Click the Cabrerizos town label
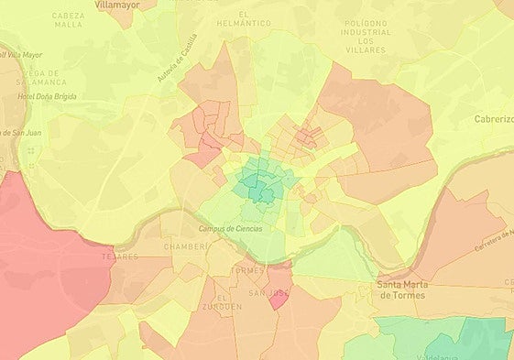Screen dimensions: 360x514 pos(493,119)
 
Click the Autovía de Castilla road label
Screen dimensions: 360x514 pos(178,57)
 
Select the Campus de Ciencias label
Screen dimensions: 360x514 pos(230,228)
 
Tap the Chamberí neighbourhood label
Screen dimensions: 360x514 pos(180,247)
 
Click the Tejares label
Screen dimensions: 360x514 pos(121,257)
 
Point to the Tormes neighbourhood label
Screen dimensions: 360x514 pos(248,271)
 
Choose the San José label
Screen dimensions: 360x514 pos(269,293)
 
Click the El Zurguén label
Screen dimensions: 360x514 pos(228,302)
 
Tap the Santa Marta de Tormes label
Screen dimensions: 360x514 pos(403,290)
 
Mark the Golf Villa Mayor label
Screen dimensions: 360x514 pos(20,55)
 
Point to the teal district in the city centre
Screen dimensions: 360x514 pos(255,185)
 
